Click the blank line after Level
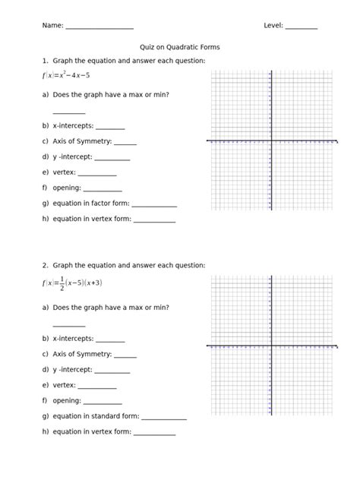pos(302,27)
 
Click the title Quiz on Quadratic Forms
pos(180,47)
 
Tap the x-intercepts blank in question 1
pos(110,128)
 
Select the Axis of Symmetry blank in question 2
pos(125,355)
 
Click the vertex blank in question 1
pos(96,173)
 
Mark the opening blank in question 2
pos(102,402)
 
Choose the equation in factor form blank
pos(154,205)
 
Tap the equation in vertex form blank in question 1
pos(154,221)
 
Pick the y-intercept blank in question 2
pos(112,371)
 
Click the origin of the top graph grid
pos(271,141)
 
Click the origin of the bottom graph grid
pos(271,346)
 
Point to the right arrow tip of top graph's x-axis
pos(336,141)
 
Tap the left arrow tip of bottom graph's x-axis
pos(207,346)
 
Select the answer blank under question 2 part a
pos(68,325)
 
